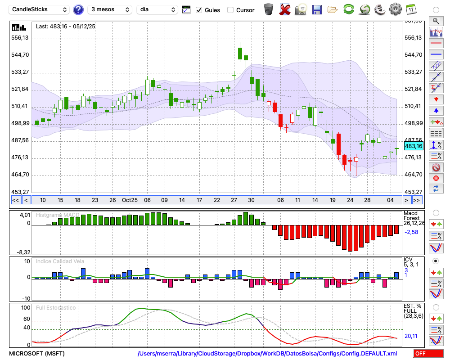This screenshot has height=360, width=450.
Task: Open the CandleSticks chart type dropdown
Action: coord(40,9)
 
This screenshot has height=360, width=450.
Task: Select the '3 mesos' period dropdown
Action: coord(109,9)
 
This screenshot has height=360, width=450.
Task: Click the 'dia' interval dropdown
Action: coord(157,9)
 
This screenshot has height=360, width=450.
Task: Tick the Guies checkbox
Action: coord(199,10)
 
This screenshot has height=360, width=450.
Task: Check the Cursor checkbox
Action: coord(230,10)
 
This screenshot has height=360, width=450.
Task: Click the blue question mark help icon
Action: coord(78,9)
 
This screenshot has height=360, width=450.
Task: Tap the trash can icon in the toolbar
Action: coord(269,9)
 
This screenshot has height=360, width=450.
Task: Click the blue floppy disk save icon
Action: coord(317,9)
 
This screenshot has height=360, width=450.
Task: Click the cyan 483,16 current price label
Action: coord(414,146)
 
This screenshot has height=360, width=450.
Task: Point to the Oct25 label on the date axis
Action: coord(130,200)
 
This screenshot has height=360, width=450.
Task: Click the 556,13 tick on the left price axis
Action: coord(20,38)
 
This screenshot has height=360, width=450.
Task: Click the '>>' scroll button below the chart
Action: coord(417,200)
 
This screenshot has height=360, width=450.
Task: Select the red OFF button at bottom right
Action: coord(428,353)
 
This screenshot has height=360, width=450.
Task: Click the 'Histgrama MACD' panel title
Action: coord(58,215)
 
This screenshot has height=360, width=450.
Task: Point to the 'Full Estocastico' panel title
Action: coord(57,308)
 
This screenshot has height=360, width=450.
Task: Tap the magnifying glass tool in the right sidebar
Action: coord(436,21)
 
